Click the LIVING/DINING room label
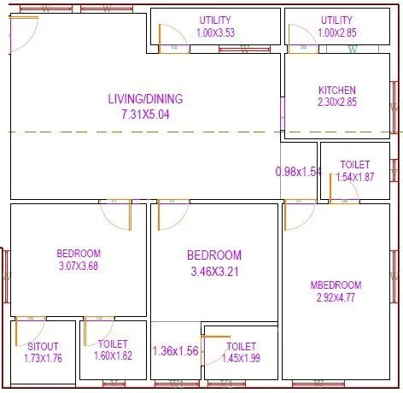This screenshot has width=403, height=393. coord(145,99)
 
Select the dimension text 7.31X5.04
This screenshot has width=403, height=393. coord(145,114)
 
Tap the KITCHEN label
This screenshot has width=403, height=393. coord(337,90)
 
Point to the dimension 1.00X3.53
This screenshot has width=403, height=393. coord(215,32)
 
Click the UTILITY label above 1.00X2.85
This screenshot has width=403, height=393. coord(336,20)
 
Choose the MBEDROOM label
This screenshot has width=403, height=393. coord(336,285)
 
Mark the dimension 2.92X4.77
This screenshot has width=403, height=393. coord(336,298)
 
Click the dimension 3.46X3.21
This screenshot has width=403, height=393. coord(214,273)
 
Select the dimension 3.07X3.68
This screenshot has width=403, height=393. coord(79,266)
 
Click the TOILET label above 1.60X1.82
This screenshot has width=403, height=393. coord(113,343)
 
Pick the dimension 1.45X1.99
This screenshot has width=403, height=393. coord(242,359)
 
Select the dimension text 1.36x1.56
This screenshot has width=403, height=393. coord(175,351)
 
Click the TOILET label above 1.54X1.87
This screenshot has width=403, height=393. coord(354,164)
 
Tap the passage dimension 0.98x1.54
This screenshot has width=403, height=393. coord(298,172)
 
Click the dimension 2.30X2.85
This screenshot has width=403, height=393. coord(337,102)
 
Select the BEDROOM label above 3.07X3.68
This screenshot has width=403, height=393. coord(79,253)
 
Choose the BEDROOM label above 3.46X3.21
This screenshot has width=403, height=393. coord(214,255)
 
